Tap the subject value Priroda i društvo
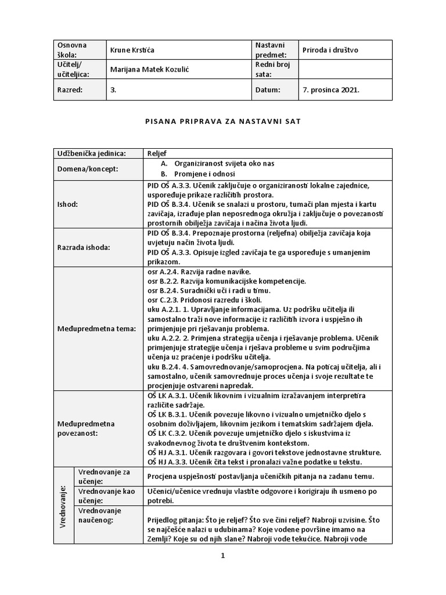[330, 50]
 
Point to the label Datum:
[267, 90]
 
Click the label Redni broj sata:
[272, 70]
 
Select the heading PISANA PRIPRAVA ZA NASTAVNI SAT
[222, 122]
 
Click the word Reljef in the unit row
[157, 153]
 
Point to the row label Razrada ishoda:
[82, 247]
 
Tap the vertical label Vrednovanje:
[63, 506]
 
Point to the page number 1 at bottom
[222, 555]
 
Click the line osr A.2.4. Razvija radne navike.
[191, 272]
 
